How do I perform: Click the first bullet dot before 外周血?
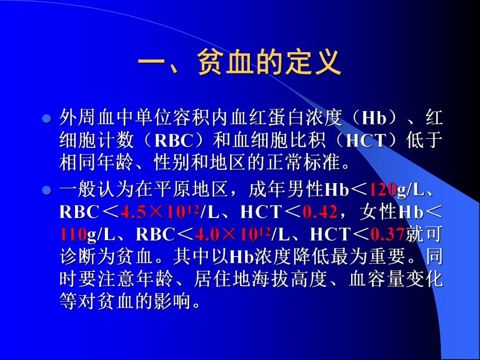tap(46, 119)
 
